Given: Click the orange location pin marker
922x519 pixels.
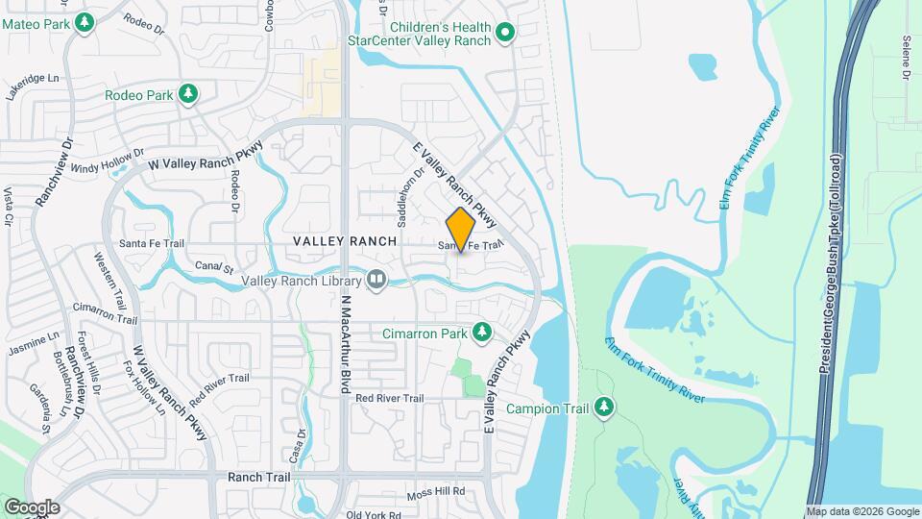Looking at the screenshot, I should [x=461, y=229].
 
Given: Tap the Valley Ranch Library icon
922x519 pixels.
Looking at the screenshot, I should [x=376, y=281].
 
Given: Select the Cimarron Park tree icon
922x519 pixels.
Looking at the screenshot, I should [x=481, y=333].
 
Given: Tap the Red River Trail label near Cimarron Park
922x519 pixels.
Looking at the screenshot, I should [x=389, y=398].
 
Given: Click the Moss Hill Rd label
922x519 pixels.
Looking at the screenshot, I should [x=435, y=492].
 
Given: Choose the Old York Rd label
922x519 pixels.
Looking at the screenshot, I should [x=378, y=514].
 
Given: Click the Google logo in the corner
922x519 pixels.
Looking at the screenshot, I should [x=32, y=507].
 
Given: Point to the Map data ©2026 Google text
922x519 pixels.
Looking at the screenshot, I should [x=862, y=511].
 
